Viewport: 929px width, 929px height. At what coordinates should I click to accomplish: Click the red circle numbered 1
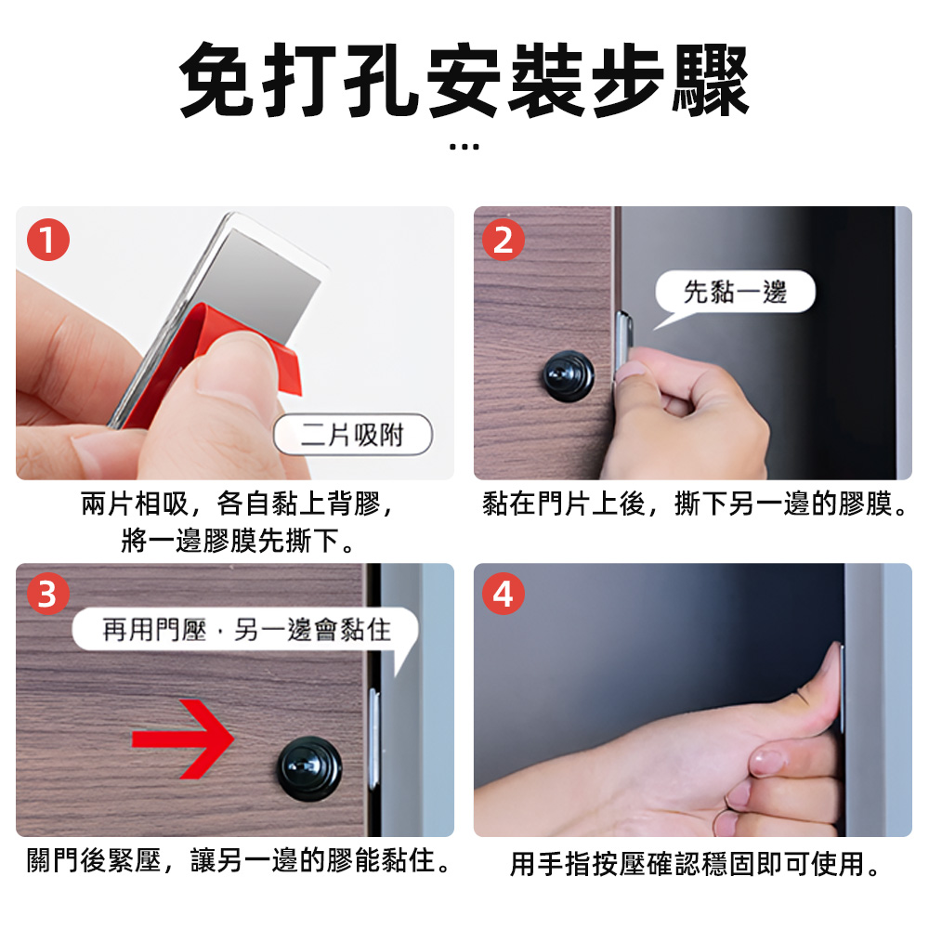(x=48, y=241)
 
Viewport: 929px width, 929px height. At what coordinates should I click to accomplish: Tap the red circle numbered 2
(x=504, y=241)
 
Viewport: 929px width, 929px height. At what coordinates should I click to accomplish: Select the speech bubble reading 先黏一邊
(x=735, y=293)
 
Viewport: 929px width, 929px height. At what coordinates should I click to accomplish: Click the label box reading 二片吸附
(x=354, y=435)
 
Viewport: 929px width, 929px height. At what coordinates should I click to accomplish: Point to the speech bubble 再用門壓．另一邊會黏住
(x=246, y=632)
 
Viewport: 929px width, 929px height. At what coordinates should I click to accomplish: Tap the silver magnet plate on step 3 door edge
(x=373, y=734)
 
